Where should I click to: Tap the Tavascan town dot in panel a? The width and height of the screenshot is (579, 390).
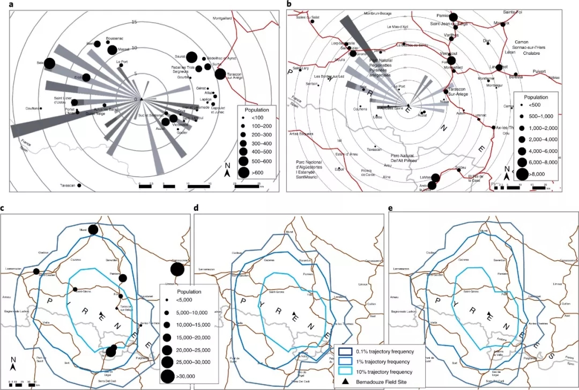tap(79, 185)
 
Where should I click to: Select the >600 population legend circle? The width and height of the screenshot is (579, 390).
tap(243, 172)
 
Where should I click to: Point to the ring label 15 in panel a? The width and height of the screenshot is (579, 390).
tap(135, 22)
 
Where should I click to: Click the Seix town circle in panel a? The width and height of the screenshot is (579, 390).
tap(49, 64)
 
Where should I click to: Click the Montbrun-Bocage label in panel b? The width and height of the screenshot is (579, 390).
tap(379, 13)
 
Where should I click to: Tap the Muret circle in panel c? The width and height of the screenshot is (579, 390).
tap(93, 230)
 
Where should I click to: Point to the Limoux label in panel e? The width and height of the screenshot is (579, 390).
tap(558, 283)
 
